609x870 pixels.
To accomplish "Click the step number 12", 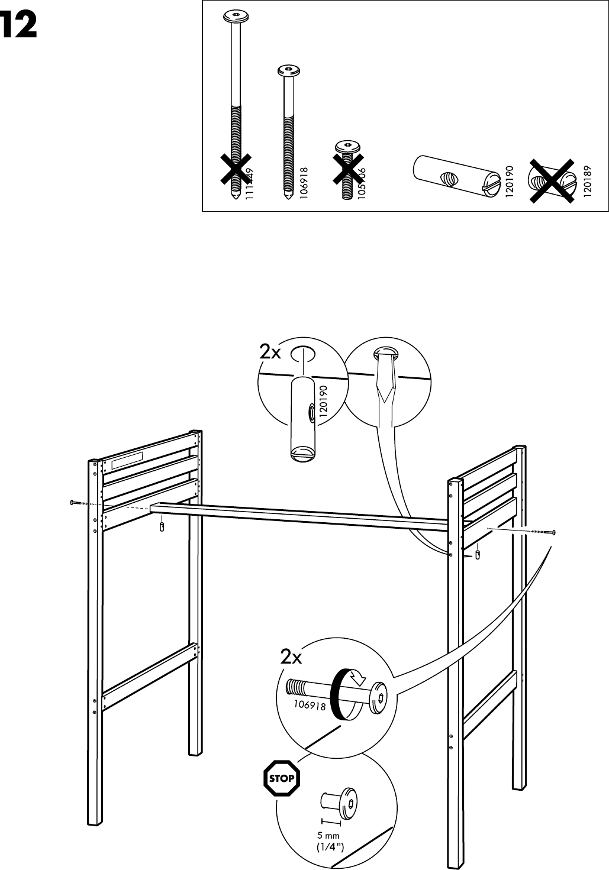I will coord(20,26).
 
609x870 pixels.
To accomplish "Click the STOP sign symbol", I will coord(281,778).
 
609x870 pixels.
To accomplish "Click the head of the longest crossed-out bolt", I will coord(236,17).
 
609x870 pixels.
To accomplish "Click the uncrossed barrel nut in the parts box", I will coord(453,176).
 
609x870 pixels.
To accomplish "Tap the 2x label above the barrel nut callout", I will coord(271,352).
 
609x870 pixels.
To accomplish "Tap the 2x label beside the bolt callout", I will coord(291,657).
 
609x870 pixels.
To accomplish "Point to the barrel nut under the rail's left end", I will coord(162,526).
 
